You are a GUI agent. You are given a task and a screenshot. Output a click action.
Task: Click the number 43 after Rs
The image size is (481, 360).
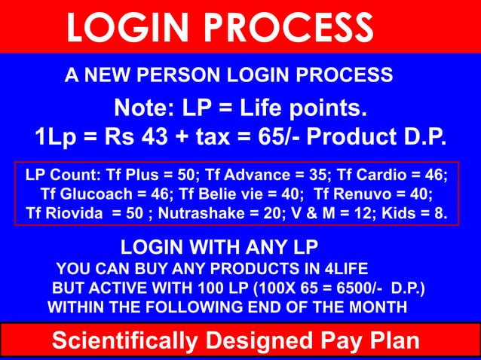pyautogui.click(x=174, y=139)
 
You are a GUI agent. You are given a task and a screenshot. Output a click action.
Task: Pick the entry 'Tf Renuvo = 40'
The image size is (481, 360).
pyautogui.click(x=369, y=195)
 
